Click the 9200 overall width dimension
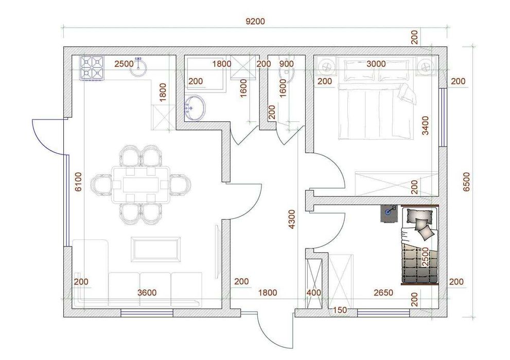pos(255,22)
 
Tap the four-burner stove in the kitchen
pos(92,67)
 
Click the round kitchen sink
pos(139,67)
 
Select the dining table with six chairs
pos(140,185)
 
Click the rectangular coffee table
pos(155,249)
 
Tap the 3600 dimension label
pos(147,293)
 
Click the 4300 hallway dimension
pos(292,219)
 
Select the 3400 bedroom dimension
pos(425,125)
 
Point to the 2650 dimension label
pos(383,293)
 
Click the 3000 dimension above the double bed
pos(376,64)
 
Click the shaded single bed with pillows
pos(419,245)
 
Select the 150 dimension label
pos(340,310)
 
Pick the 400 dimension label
pos(314,293)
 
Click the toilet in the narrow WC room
pos(287,73)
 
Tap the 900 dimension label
pos(287,64)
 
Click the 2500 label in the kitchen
pos(124,64)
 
